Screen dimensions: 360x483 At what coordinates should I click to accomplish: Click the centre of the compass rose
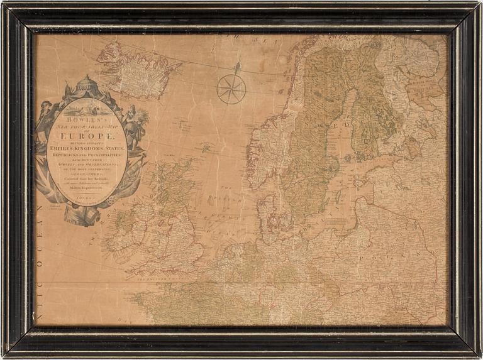pyautogui.click(x=231, y=89)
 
